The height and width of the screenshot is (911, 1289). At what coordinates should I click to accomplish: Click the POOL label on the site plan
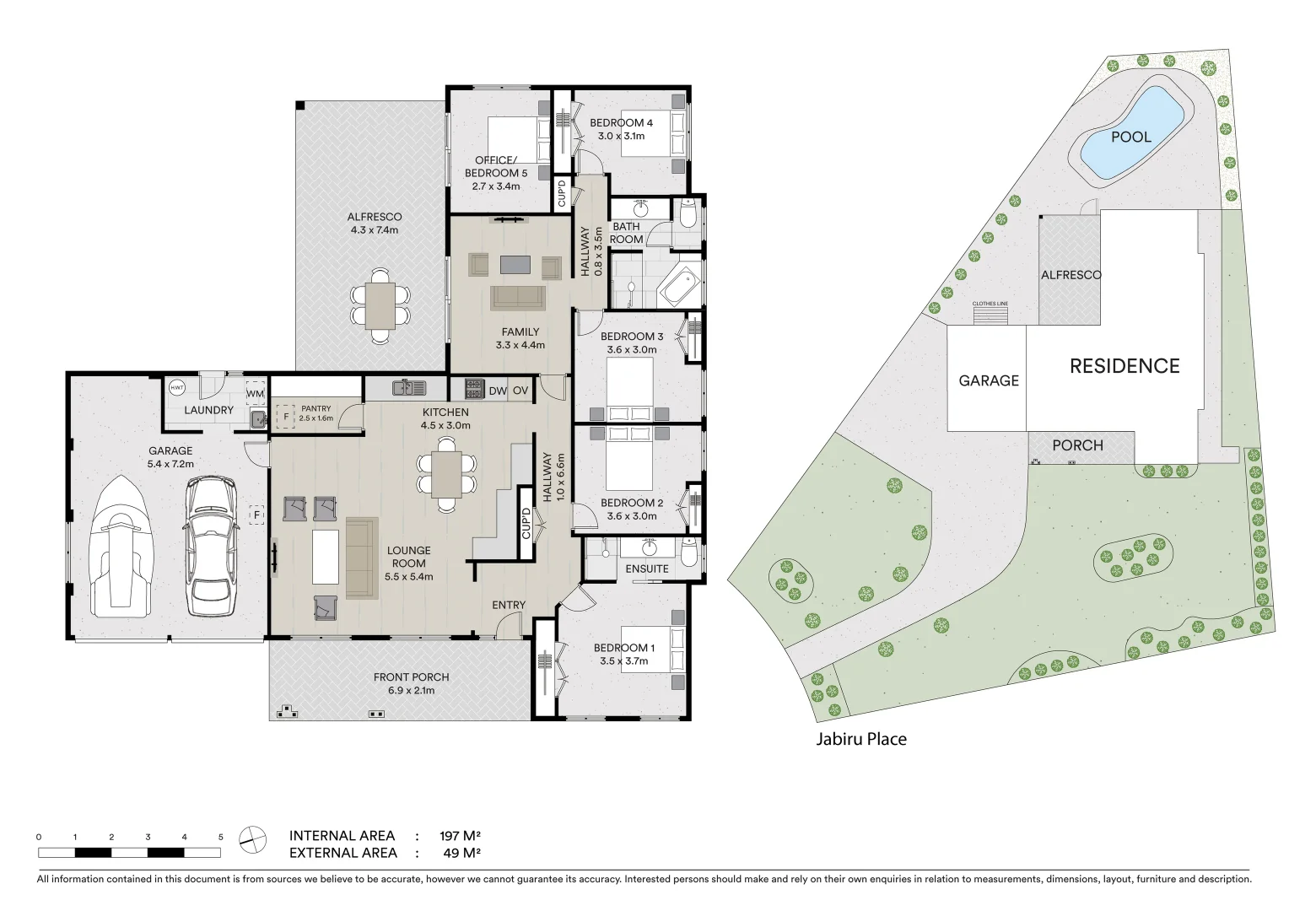point(1130,137)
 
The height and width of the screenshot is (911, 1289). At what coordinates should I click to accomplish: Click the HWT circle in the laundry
point(176,388)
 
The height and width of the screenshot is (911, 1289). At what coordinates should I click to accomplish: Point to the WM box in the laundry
point(255,393)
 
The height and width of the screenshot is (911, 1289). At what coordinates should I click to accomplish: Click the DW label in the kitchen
point(498,391)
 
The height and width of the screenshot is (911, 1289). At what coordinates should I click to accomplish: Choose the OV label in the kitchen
point(520,391)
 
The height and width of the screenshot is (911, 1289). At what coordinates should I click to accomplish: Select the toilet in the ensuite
point(689,554)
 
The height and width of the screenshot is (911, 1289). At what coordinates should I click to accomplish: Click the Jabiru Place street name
point(860,739)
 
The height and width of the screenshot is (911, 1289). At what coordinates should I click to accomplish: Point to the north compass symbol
point(251,838)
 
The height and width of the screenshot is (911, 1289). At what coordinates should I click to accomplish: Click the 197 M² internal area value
point(460,836)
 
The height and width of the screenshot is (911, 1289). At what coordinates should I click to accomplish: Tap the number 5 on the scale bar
point(221,837)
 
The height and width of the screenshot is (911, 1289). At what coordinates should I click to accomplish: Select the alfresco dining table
point(380,305)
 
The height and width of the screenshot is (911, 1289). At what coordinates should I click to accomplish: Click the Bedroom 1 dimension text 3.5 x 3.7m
point(623,661)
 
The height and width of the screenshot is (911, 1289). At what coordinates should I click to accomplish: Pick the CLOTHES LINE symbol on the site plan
point(990,314)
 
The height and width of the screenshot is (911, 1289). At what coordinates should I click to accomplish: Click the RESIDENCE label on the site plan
point(1125,366)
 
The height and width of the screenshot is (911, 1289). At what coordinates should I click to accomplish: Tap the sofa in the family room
point(518,298)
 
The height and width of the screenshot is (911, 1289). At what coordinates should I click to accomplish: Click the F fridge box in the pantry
point(286,417)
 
